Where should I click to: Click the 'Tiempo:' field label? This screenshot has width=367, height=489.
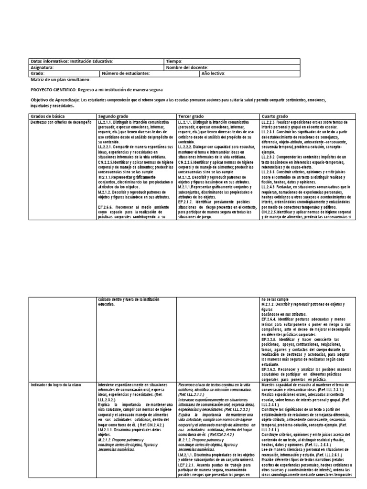[x=173, y=62]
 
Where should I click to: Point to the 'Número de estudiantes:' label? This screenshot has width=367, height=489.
[x=126, y=74]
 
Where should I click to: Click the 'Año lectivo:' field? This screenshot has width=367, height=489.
[x=213, y=74]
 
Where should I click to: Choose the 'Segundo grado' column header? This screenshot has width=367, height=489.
[x=113, y=117]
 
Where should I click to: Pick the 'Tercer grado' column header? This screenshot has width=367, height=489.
[x=191, y=117]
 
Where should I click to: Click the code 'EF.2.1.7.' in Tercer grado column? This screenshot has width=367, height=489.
[x=186, y=202]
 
